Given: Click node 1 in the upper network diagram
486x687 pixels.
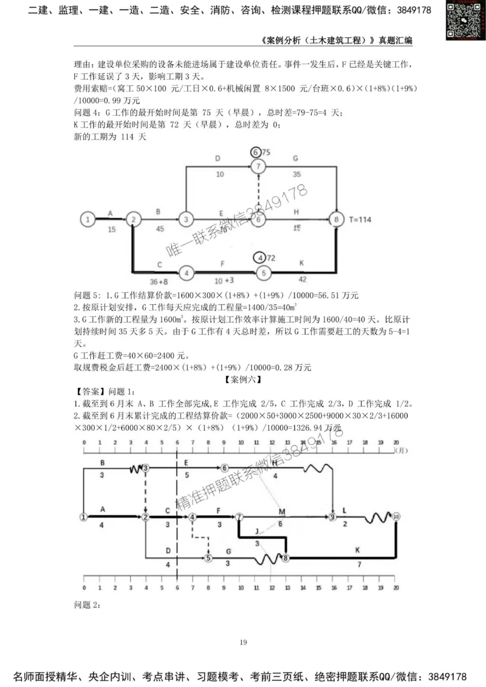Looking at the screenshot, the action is (x=89, y=219).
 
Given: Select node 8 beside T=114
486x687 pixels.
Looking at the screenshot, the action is (x=335, y=219).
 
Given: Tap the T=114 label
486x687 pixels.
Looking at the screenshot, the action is (x=360, y=219).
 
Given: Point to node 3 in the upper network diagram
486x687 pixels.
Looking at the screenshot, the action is (x=187, y=219).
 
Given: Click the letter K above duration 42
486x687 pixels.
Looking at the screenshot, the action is (x=301, y=262).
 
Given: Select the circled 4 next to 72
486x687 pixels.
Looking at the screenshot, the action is (x=261, y=258).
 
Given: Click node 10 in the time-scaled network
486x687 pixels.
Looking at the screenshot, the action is (x=396, y=516).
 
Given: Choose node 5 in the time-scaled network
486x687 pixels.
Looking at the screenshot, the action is (x=208, y=557).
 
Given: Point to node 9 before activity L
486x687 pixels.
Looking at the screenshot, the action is (x=332, y=517).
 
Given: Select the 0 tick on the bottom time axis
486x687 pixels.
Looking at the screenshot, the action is (x=83, y=589).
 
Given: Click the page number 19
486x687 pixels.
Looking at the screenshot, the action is (x=242, y=642).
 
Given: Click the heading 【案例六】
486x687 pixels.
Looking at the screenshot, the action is (x=242, y=380).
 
